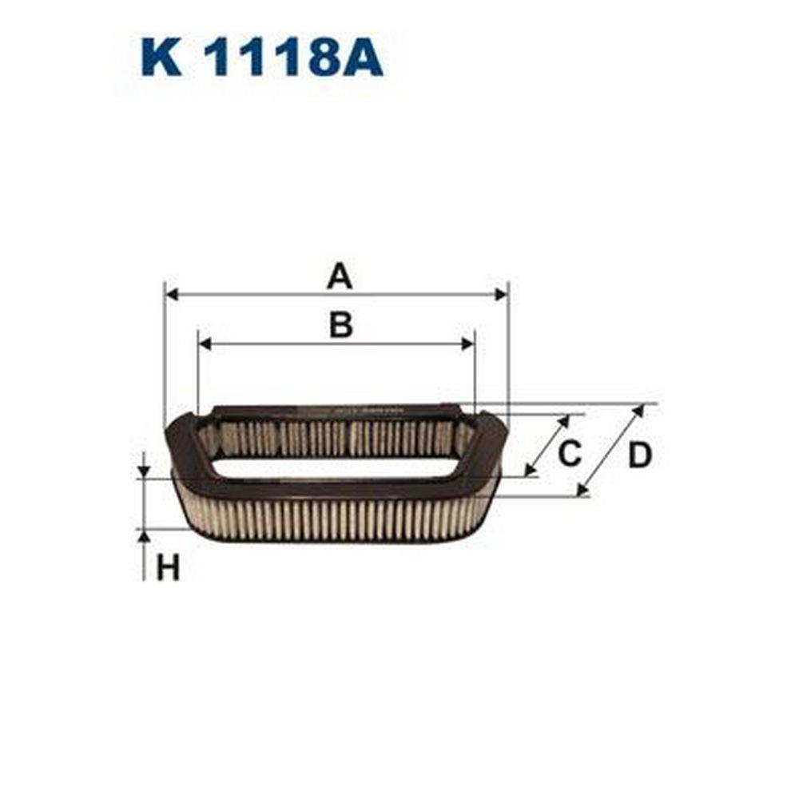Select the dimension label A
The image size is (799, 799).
pos(340,278)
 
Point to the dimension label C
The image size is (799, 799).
pos(569,453)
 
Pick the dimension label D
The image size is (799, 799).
pos(640,455)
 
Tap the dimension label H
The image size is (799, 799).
pos(168,569)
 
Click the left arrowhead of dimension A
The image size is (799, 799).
pos(173,294)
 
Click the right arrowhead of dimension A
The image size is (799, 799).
pos(501,294)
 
